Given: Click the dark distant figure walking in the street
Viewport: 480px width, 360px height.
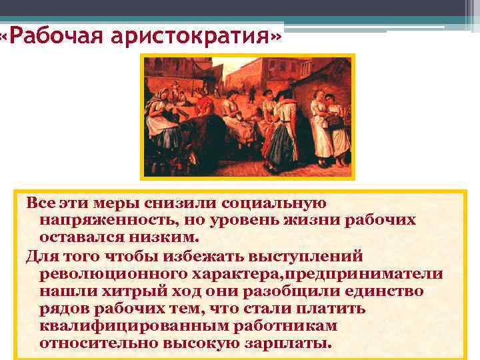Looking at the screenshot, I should coord(252,93).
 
